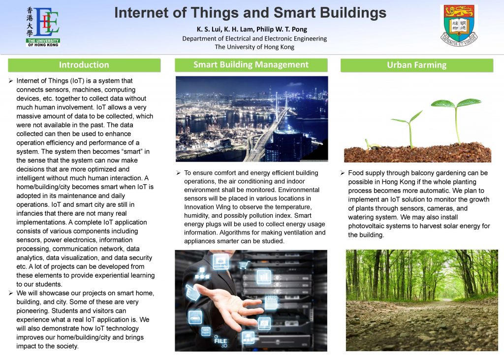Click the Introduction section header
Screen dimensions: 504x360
(84, 65)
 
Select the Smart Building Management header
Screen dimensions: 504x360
(251, 65)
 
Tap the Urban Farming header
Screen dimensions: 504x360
(417, 65)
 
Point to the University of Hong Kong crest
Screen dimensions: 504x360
(459, 26)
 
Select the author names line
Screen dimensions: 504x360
(252, 29)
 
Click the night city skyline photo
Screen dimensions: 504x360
(252, 119)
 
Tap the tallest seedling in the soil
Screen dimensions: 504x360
(456, 120)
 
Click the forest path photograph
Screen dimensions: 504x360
(422, 300)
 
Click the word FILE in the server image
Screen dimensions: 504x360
(220, 341)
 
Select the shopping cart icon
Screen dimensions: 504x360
(244, 265)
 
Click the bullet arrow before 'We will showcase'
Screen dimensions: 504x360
(11, 293)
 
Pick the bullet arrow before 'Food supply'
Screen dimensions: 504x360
(343, 173)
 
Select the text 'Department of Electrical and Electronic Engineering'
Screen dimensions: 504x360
(254, 38)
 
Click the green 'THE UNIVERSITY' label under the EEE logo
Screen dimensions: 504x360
(43, 41)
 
